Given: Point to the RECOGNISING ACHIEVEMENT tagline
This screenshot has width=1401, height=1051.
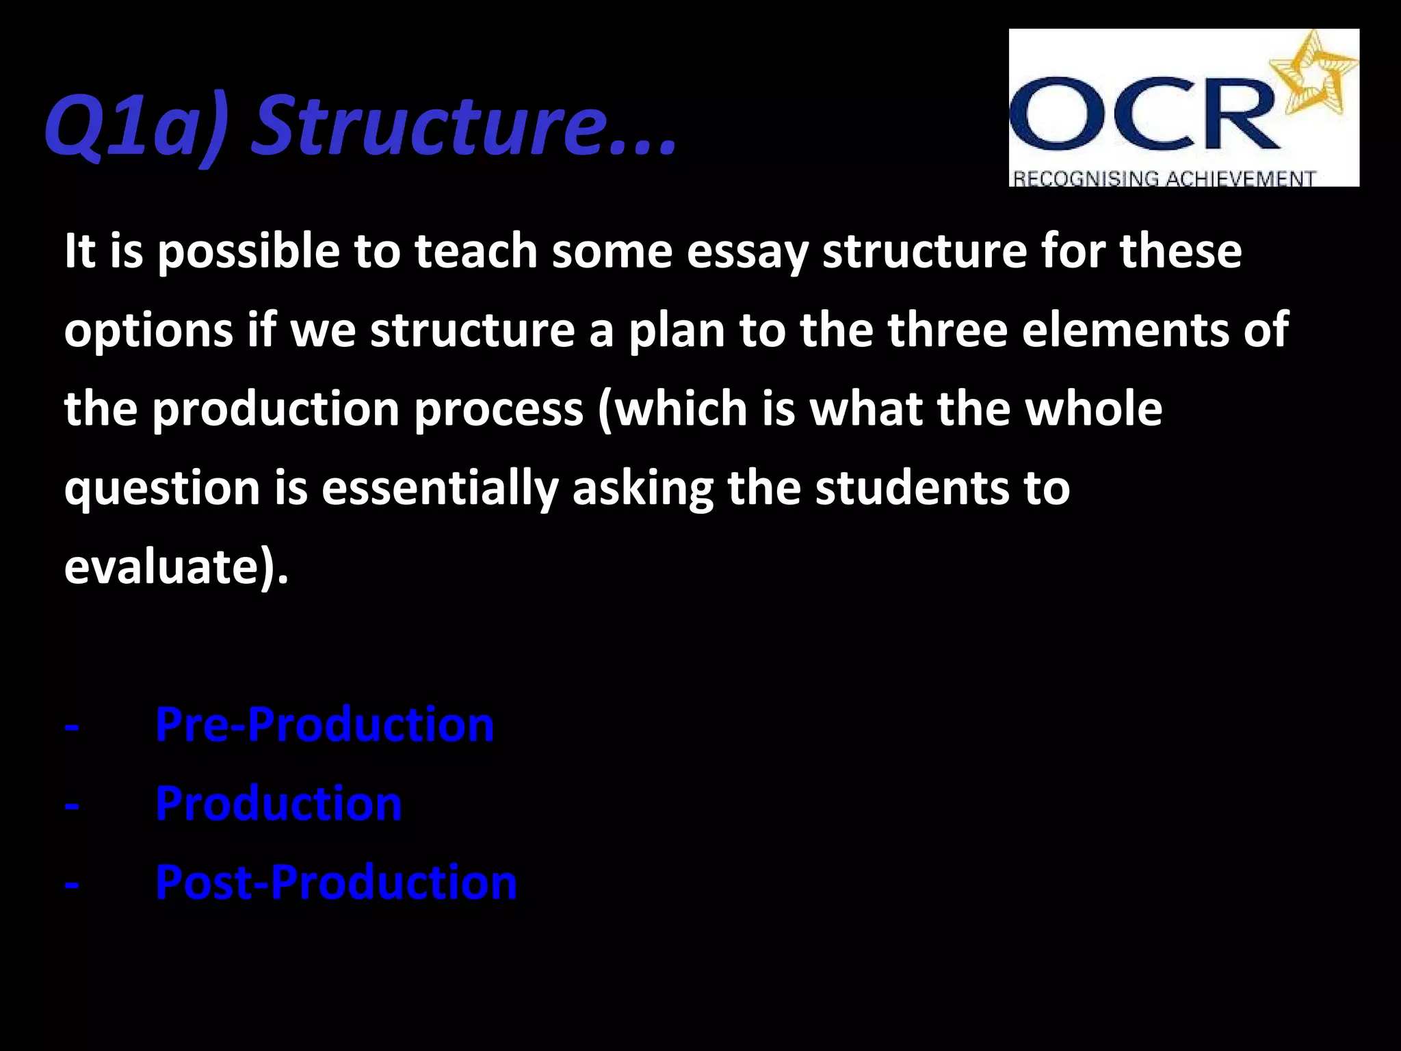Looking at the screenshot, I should pyautogui.click(x=1163, y=179).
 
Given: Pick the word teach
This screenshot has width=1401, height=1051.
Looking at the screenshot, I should pyautogui.click(x=475, y=251).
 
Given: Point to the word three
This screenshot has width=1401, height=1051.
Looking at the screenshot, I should pyautogui.click(x=947, y=330).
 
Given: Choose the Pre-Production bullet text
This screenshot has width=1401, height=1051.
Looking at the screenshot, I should pyautogui.click(x=324, y=725).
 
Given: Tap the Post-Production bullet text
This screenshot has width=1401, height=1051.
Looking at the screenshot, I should pyautogui.click(x=336, y=882).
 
